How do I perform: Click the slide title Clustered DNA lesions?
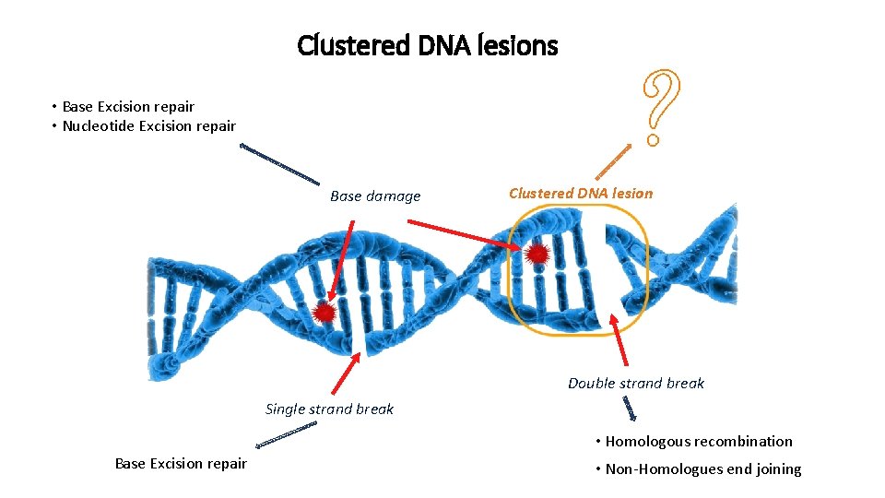(427, 44)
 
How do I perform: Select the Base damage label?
(374, 196)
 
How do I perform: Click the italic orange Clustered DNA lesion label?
(580, 193)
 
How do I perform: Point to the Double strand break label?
(635, 383)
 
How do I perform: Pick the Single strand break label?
(329, 409)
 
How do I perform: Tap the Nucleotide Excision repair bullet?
(148, 125)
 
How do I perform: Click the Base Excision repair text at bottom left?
(181, 463)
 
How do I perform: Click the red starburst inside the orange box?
(537, 254)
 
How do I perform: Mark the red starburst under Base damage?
(324, 313)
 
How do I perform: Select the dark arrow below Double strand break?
(630, 408)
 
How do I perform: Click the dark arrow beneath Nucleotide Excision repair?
(279, 164)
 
